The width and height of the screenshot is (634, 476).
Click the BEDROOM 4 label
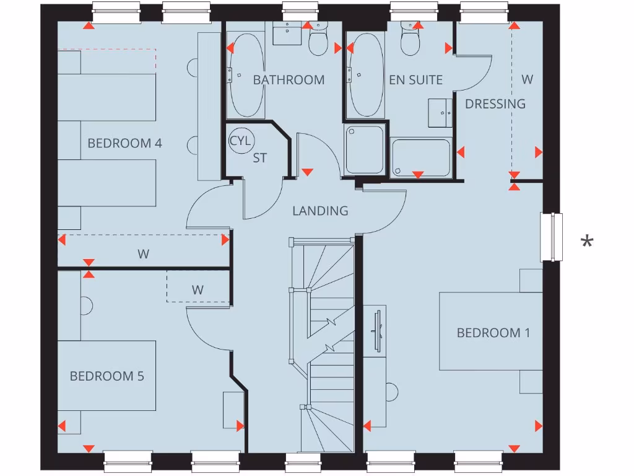coord(124,143)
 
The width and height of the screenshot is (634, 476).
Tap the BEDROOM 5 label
coord(106,376)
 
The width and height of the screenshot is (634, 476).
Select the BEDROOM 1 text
coord(493,333)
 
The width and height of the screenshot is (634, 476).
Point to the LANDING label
coord(320,211)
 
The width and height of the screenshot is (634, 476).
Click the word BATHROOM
coord(289,80)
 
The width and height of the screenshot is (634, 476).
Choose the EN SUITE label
coord(415,80)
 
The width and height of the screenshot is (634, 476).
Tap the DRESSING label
coord(495,104)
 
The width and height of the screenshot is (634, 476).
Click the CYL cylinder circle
coord(240,140)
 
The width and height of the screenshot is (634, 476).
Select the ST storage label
coord(260,158)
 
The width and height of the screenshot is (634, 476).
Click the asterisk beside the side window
coord(586,242)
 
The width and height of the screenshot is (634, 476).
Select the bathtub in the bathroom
coord(246,75)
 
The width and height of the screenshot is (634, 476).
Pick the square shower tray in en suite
coord(365,149)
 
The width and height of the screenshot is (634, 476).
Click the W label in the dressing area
coord(527,79)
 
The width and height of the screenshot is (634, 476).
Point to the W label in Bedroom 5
coord(198,289)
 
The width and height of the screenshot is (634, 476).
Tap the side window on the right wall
coord(552,236)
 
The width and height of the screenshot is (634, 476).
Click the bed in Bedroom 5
coord(106,376)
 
